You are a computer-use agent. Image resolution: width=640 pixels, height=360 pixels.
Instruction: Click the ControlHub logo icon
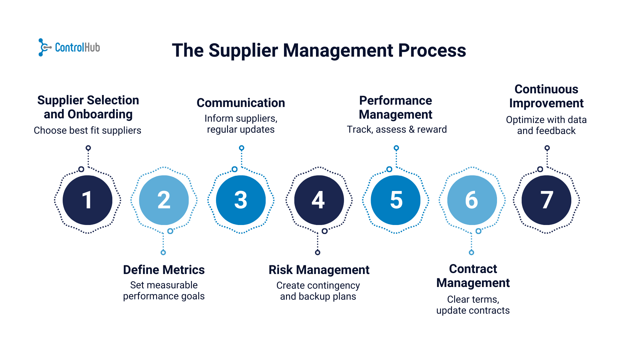[x=44, y=47]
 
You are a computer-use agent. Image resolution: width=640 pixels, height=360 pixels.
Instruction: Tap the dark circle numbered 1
[x=88, y=200]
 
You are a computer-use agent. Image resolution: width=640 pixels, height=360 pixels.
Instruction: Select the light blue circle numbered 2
[x=164, y=200]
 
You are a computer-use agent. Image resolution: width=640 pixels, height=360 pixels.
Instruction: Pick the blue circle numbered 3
[x=241, y=200]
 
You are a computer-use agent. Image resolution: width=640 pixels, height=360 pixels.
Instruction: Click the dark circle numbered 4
[x=319, y=200]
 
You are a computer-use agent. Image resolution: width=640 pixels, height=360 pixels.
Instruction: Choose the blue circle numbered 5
[x=396, y=200]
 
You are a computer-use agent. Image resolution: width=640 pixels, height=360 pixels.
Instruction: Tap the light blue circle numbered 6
[x=472, y=200]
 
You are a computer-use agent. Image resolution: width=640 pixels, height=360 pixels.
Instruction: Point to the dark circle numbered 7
[x=546, y=200]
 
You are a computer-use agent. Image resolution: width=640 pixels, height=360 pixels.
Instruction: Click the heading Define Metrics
[x=164, y=270]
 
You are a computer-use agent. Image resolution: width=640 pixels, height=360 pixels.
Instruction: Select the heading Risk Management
[x=319, y=270]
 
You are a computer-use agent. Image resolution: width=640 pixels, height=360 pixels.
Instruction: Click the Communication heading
[x=241, y=103]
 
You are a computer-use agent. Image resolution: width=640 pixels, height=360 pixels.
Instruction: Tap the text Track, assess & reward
[x=397, y=129]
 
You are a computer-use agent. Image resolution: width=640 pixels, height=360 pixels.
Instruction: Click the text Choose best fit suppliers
[x=87, y=130]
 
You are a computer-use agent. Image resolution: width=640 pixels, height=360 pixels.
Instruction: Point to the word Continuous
[x=546, y=89]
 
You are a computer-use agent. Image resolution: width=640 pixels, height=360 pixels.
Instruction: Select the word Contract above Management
[x=473, y=269]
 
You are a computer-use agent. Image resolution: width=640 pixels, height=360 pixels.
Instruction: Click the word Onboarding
[x=100, y=114]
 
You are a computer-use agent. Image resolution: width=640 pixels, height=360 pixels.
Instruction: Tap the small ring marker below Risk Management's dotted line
[x=318, y=252]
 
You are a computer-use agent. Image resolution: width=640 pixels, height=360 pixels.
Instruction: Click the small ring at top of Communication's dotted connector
[x=242, y=148]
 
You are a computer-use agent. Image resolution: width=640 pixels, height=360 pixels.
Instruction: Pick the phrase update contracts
[x=473, y=310]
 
